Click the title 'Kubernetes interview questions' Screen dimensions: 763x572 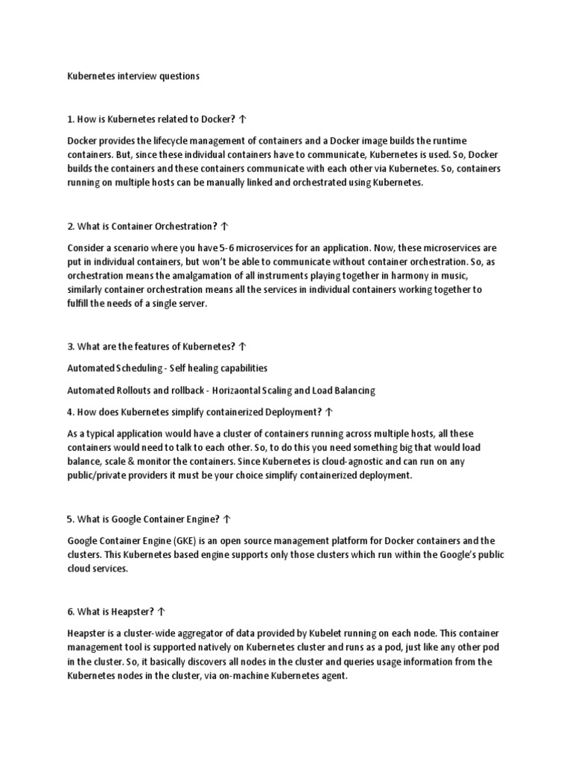coord(133,76)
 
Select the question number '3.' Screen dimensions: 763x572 coord(71,346)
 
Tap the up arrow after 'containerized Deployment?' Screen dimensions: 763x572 coord(329,411)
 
